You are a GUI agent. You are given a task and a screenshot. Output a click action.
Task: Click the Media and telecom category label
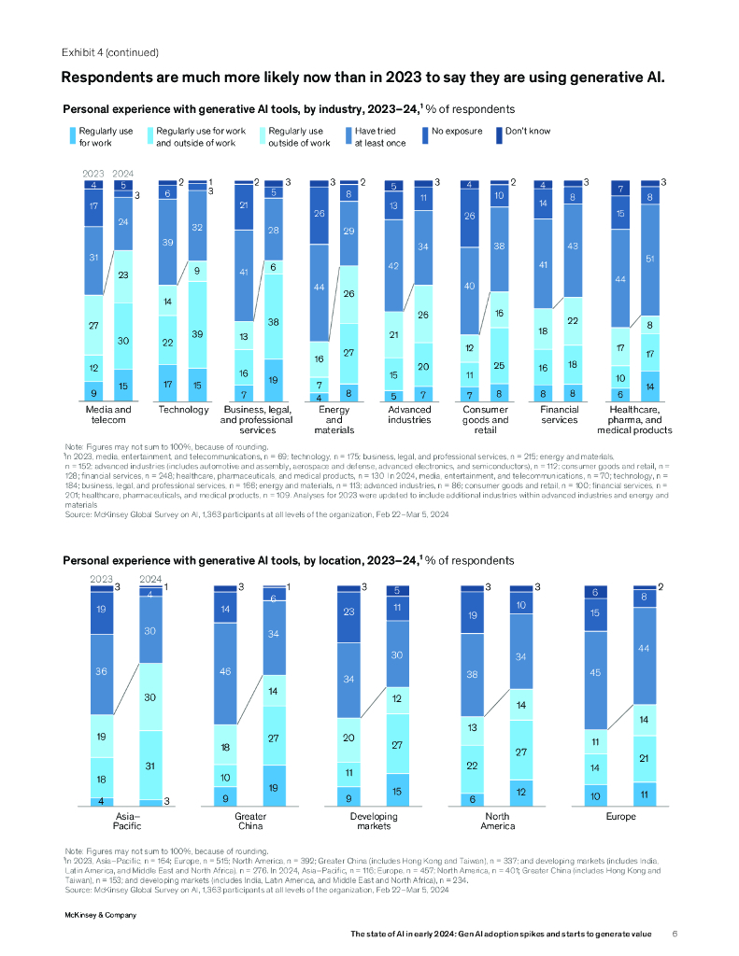point(108,415)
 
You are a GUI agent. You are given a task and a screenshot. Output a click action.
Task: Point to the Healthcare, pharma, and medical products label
point(639,420)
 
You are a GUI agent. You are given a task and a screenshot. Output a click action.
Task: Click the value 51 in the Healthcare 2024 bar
point(649,260)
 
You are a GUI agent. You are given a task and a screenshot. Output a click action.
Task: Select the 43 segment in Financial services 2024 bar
point(573,245)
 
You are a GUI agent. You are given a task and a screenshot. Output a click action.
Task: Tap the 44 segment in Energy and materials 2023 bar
point(320,288)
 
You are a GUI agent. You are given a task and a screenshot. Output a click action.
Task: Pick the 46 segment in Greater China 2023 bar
point(224,671)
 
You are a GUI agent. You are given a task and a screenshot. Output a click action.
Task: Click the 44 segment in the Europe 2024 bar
point(643,647)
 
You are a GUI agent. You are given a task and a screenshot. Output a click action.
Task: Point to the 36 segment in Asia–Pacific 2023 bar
point(101,671)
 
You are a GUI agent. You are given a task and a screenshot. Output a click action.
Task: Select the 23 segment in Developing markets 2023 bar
point(348,613)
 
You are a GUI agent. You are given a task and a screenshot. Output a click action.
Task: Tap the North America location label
point(498,821)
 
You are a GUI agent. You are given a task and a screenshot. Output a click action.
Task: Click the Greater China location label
point(237,821)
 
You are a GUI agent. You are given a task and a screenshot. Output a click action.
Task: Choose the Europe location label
point(620,816)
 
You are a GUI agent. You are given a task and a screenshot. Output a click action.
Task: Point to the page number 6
point(675,934)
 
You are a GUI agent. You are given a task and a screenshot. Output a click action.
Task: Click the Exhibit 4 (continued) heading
point(109,52)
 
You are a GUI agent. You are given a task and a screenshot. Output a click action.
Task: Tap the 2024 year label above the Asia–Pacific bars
point(149,578)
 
